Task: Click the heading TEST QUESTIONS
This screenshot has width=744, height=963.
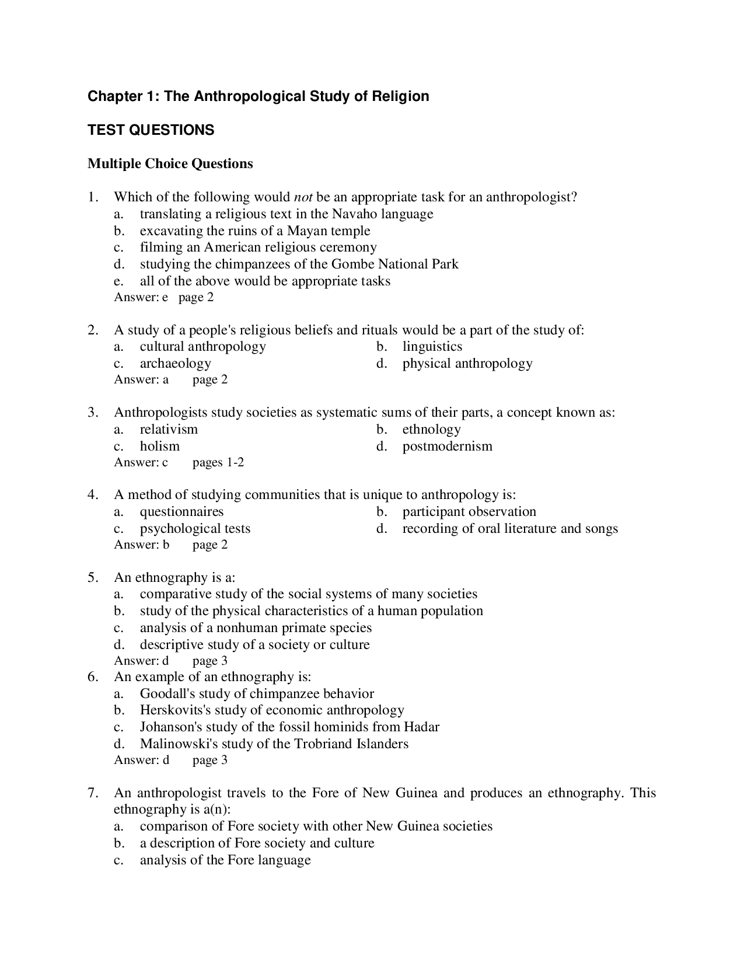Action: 151,130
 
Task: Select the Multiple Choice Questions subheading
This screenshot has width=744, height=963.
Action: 170,163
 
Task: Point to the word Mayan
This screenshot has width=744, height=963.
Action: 307,231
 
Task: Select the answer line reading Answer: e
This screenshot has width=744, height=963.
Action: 141,298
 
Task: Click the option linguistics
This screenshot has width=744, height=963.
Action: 432,347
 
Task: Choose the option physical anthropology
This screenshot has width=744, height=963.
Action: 467,364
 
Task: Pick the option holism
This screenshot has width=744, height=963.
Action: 159,446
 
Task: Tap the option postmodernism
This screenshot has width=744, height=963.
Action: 447,446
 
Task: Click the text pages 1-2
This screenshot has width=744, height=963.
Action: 218,463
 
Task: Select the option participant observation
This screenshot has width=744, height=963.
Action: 469,512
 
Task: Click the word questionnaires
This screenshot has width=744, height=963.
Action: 181,512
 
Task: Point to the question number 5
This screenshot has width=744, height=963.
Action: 92,578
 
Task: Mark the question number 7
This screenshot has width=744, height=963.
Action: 92,793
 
